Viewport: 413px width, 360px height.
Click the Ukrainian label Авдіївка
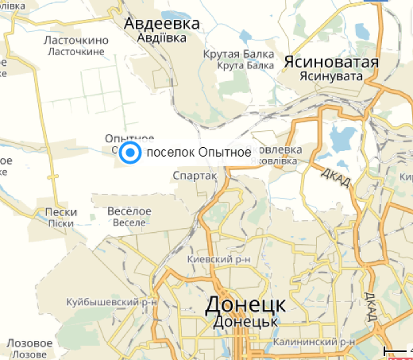click(161, 38)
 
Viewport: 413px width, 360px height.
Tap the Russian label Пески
click(61, 212)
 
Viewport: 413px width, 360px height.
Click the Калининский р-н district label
click(315, 342)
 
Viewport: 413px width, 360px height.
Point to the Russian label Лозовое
click(30, 343)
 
